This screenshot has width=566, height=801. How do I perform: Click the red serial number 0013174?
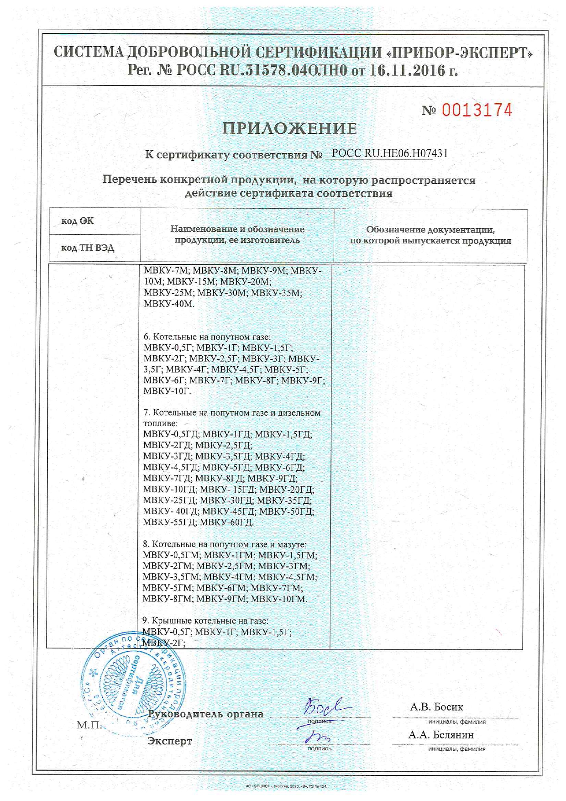(x=477, y=110)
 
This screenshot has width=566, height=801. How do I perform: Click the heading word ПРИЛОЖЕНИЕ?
(x=289, y=129)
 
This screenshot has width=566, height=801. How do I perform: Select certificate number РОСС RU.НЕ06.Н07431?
(x=389, y=153)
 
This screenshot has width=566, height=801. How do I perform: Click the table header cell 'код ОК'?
(x=78, y=221)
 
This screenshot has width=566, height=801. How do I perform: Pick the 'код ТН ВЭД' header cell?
(x=88, y=248)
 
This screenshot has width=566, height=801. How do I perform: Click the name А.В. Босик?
(x=436, y=707)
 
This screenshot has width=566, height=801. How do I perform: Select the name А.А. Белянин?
(x=440, y=735)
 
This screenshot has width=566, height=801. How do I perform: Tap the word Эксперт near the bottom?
(x=169, y=741)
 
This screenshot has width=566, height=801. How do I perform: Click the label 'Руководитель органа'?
(x=206, y=714)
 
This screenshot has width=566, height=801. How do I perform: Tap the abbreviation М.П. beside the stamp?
(x=89, y=725)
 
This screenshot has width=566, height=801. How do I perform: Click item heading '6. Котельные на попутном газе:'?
(x=207, y=337)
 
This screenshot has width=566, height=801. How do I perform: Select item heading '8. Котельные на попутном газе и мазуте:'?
(x=225, y=544)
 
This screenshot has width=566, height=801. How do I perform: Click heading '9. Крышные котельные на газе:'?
(x=205, y=621)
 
